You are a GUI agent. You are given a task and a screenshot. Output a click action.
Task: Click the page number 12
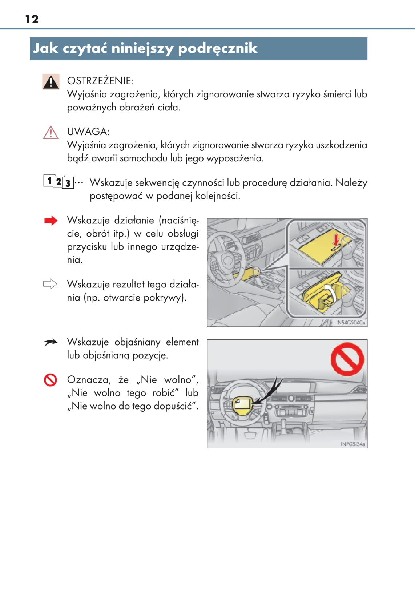(32, 19)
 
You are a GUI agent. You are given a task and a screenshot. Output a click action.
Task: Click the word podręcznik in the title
(218, 49)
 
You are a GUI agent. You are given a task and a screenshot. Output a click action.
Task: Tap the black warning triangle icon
(51, 81)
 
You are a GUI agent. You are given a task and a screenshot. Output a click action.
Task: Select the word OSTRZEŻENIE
(100, 81)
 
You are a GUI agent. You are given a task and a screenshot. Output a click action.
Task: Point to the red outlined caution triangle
(51, 132)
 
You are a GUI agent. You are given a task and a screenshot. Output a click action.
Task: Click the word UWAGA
(88, 132)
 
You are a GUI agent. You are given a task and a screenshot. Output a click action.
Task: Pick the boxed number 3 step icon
(68, 183)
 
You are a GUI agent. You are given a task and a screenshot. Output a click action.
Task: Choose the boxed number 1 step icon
(49, 181)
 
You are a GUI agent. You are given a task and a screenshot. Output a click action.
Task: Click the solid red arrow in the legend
(51, 221)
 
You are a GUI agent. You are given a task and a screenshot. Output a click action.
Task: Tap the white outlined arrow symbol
(50, 284)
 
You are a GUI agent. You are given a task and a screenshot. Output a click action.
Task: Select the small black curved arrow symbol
(51, 342)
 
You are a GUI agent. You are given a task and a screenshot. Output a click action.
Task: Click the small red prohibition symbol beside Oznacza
(51, 380)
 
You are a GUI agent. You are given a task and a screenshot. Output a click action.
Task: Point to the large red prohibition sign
(347, 359)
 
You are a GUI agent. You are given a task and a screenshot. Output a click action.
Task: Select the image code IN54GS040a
(351, 323)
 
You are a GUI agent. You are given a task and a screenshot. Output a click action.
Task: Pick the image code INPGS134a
(353, 444)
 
